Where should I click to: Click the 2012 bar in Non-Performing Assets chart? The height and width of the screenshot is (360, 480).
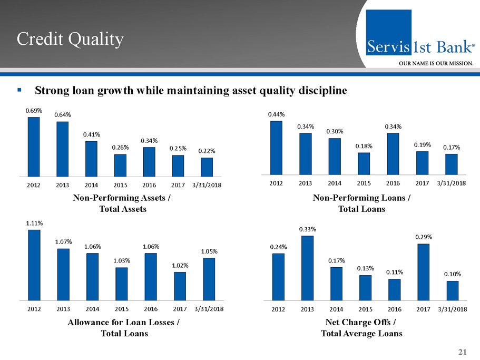[x=34, y=147]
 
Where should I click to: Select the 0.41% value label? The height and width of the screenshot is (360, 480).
[x=91, y=134]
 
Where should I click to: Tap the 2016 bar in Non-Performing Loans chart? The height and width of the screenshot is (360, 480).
[x=393, y=153]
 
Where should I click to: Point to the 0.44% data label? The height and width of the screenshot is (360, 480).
[x=276, y=114]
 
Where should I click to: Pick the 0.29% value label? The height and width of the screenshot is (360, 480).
[x=423, y=237]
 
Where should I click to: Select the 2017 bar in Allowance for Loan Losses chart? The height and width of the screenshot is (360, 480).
[x=180, y=285]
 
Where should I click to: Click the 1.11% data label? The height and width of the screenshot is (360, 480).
[x=34, y=223]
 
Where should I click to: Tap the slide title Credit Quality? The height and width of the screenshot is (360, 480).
[x=70, y=38]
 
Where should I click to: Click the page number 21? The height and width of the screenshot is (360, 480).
[x=463, y=352]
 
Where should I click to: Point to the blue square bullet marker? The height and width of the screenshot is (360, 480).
[x=19, y=90]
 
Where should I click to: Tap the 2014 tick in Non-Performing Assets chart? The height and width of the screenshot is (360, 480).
[x=92, y=185]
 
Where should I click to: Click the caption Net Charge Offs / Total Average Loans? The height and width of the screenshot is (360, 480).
[x=361, y=328]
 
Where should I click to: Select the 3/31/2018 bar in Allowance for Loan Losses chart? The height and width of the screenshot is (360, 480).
[x=209, y=278]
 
